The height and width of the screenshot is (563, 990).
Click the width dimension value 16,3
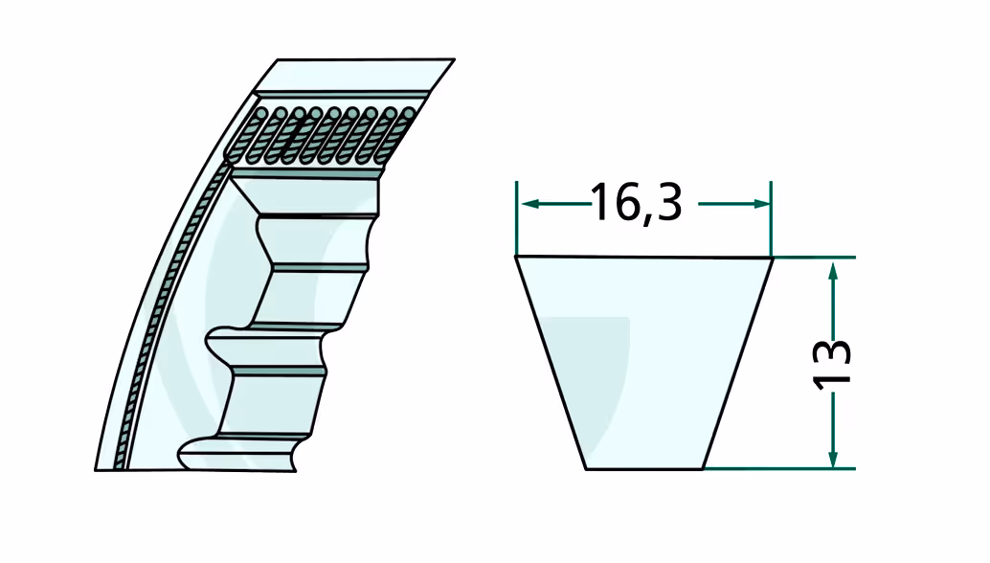637,203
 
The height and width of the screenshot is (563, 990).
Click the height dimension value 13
831,364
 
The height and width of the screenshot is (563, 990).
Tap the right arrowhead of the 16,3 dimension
761,203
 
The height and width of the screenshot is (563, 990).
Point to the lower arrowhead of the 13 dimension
833,459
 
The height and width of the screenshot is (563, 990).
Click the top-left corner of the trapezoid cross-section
516,257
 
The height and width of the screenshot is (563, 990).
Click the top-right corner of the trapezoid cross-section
773,258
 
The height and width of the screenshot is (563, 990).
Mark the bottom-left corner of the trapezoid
586,469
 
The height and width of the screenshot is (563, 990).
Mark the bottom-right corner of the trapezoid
703,469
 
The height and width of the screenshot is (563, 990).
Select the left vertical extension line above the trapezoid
516,217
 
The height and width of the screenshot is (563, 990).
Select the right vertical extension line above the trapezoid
771,219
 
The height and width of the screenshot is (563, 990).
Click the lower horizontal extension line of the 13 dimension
779,469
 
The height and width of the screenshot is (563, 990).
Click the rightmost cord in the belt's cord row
409,114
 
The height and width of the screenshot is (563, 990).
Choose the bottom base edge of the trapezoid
644,469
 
